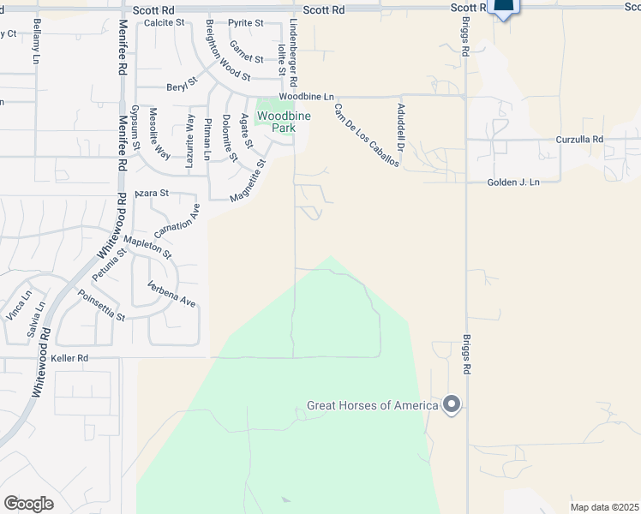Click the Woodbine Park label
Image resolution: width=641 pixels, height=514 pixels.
click(x=279, y=122)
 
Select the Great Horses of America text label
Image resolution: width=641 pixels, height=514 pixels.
click(x=373, y=405)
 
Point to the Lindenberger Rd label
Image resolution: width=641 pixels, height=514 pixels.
click(x=293, y=54)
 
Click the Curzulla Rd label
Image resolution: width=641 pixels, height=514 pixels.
click(x=580, y=139)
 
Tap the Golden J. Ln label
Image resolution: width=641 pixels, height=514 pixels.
click(x=514, y=182)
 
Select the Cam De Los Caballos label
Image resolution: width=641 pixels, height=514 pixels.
click(x=366, y=134)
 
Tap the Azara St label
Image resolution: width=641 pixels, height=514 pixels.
click(x=152, y=194)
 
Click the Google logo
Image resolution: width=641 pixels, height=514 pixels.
click(x=28, y=503)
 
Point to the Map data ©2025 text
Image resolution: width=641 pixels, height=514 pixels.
click(x=604, y=507)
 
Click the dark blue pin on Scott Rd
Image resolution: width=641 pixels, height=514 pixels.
click(x=504, y=8)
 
